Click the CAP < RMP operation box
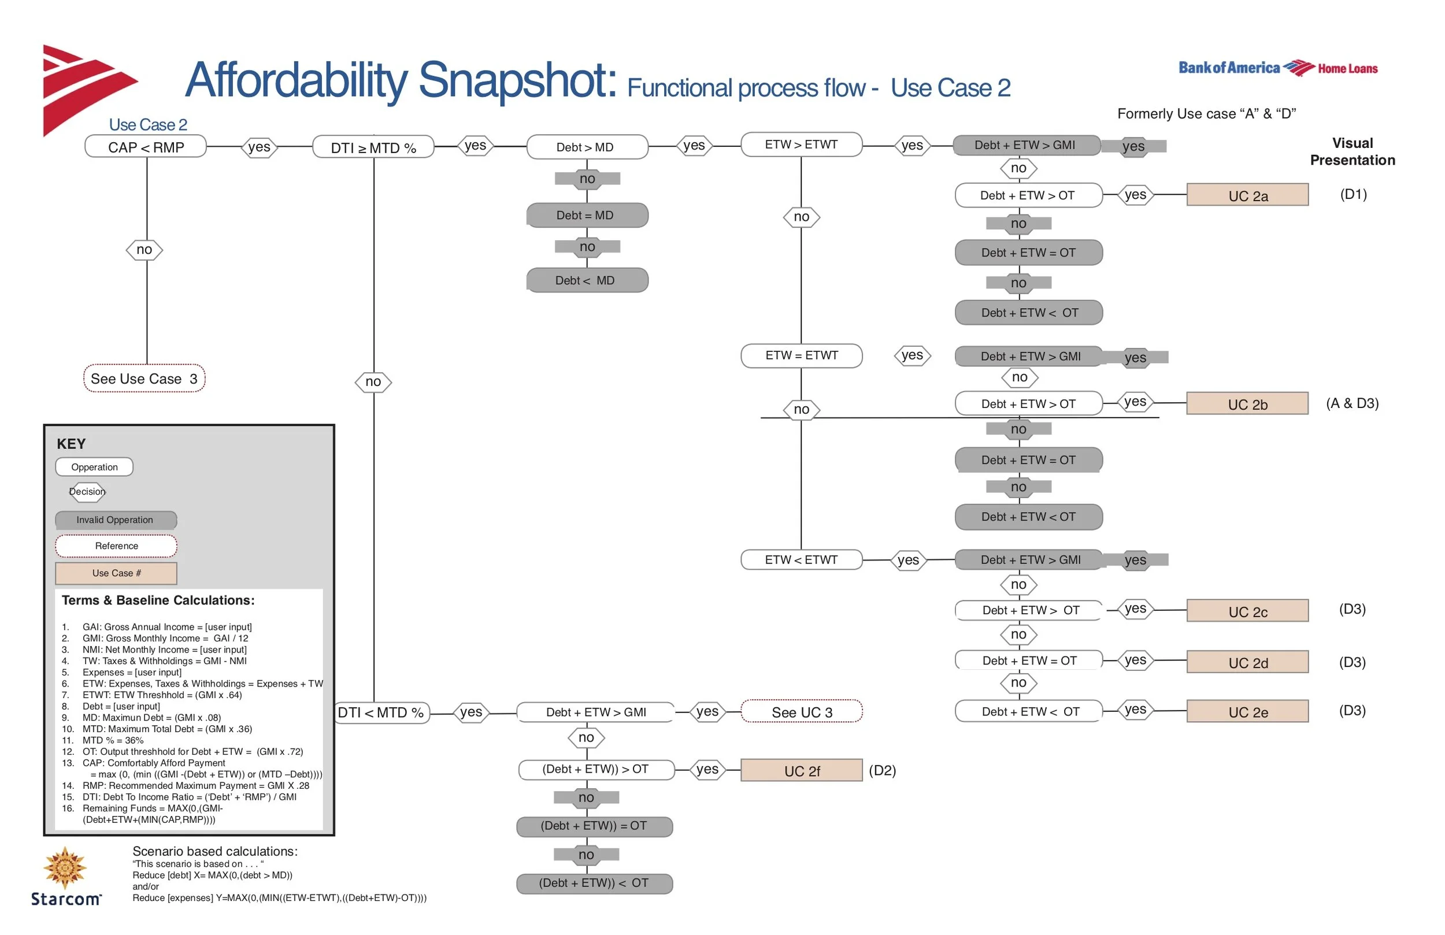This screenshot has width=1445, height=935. click(x=146, y=147)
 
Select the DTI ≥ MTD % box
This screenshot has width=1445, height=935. click(x=373, y=147)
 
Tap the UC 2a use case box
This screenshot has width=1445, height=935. click(x=1248, y=195)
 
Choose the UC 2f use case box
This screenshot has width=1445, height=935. click(x=802, y=770)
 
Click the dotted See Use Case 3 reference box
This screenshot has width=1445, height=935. click(x=144, y=379)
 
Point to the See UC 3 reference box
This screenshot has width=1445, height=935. click(x=802, y=711)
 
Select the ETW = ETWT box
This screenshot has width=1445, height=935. click(x=802, y=356)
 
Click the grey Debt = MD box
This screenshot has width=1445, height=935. click(x=587, y=216)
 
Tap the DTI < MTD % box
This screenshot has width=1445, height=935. click(x=381, y=712)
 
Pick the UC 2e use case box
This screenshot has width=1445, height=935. click(x=1248, y=711)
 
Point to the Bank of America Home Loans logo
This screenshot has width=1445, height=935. click(x=1278, y=68)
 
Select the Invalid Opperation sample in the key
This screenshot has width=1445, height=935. click(x=116, y=520)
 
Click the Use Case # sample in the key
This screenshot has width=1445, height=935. click(x=116, y=573)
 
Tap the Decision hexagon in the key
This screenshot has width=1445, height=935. click(x=87, y=492)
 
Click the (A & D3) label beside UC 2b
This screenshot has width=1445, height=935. click(x=1352, y=403)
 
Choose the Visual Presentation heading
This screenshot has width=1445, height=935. click(x=1352, y=152)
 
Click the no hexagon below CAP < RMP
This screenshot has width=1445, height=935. click(x=144, y=250)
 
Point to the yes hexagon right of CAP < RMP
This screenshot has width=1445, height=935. click(x=260, y=147)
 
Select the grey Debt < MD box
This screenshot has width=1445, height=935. click(x=587, y=280)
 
